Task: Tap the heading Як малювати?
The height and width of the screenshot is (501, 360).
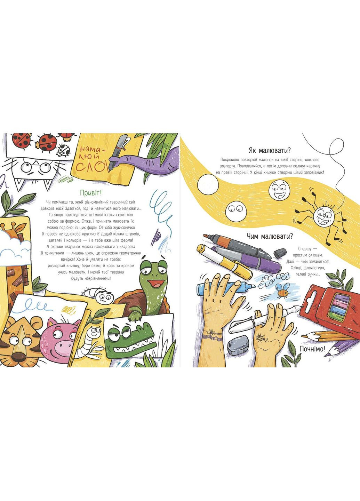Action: click(x=270, y=150)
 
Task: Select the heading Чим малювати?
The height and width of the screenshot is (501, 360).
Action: click(x=270, y=236)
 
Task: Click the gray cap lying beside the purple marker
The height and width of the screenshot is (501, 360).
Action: click(x=279, y=253)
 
